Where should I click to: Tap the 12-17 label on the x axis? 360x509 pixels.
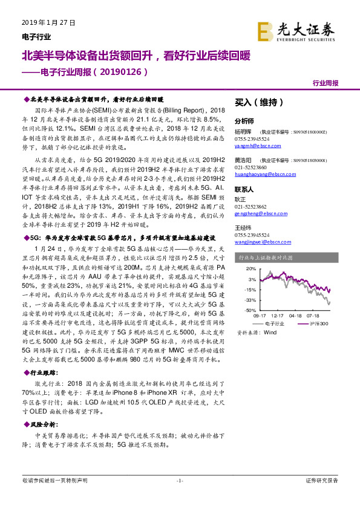277,316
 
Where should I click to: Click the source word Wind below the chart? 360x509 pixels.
270,332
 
